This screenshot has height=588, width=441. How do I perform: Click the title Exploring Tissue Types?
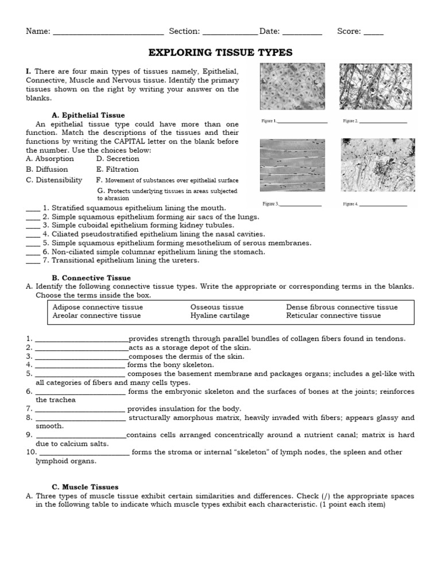pyautogui.click(x=220, y=53)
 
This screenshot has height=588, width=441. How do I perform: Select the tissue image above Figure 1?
pyautogui.click(x=292, y=86)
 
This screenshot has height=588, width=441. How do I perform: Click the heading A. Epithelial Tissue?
pyautogui.click(x=88, y=115)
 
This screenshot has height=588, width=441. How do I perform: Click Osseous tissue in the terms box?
pyautogui.click(x=216, y=307)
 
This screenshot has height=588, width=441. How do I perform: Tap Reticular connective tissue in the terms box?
pyautogui.click(x=333, y=315)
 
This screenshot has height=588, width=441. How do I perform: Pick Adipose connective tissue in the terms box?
pyautogui.click(x=98, y=307)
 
